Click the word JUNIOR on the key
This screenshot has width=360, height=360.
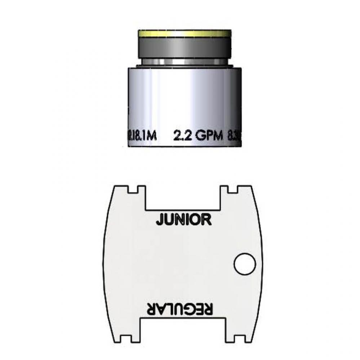(183, 219)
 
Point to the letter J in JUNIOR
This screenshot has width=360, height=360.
(159, 220)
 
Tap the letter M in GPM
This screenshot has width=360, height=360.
(219, 136)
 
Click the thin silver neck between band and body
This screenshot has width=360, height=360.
(184, 62)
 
